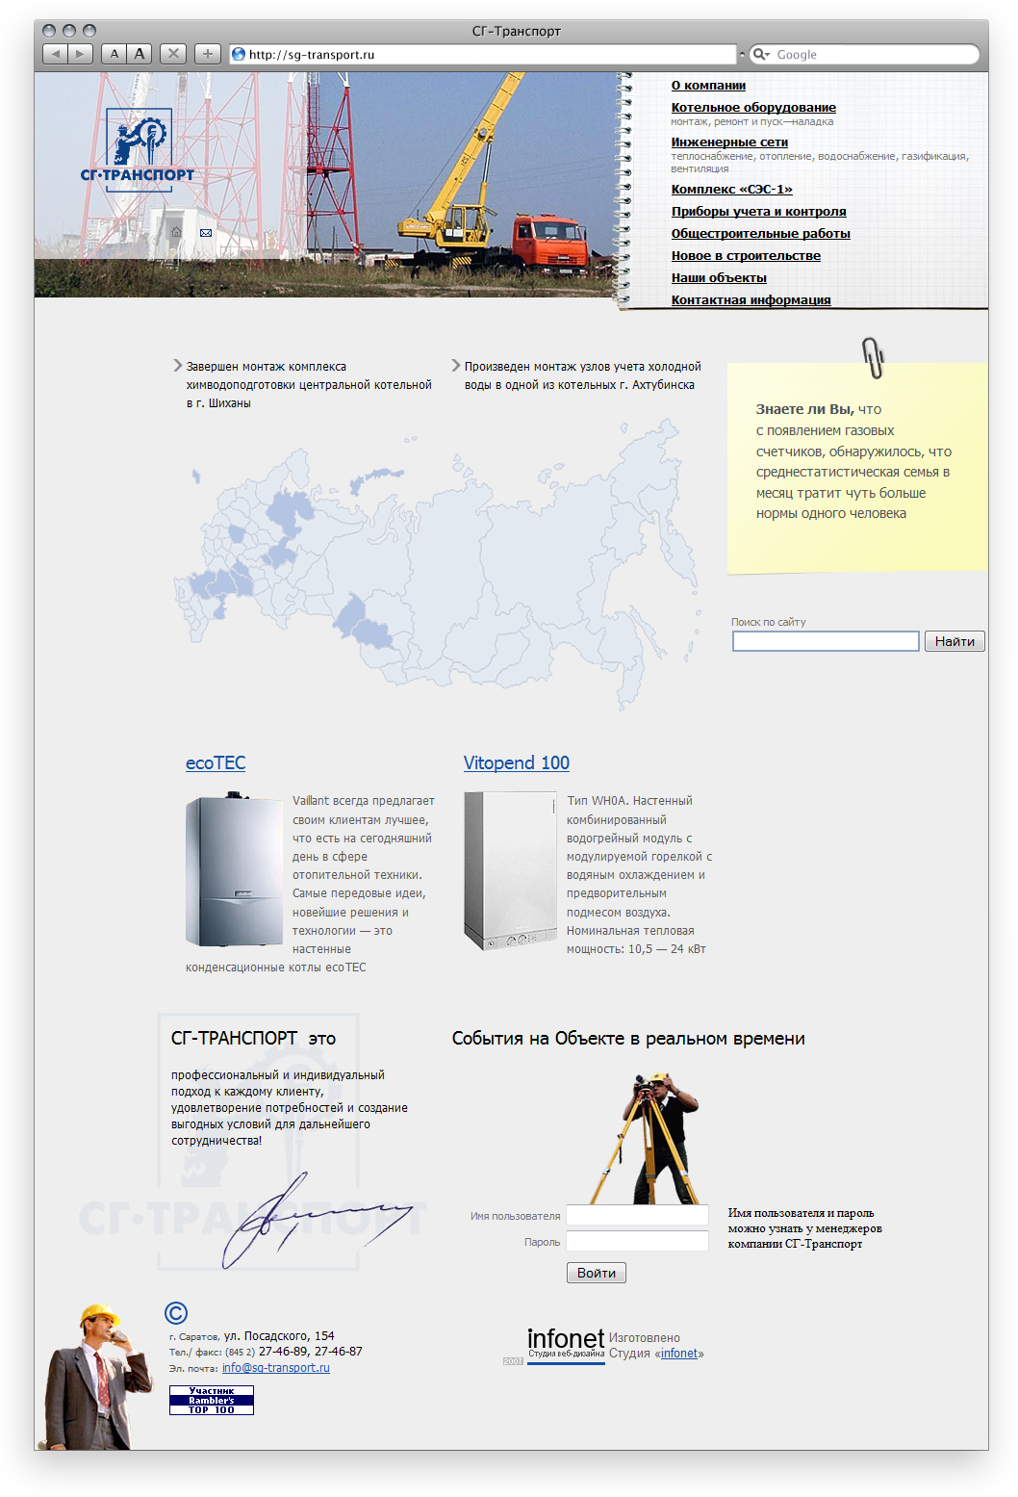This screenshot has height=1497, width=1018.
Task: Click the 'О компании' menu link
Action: [x=708, y=86]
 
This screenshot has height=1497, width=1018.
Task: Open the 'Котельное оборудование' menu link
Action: [x=753, y=108]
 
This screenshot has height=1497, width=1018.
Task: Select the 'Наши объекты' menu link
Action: [x=719, y=278]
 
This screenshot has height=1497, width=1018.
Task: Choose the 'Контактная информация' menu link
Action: [x=751, y=300]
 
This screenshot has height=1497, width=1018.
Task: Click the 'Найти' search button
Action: [x=954, y=641]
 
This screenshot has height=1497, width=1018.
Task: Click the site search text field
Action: [x=826, y=641]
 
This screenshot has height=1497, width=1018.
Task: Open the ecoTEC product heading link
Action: [x=216, y=763]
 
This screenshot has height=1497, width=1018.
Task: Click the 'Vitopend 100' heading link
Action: [x=517, y=763]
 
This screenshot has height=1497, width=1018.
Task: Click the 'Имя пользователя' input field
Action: [x=637, y=1215]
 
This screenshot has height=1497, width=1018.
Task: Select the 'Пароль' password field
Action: [x=637, y=1242]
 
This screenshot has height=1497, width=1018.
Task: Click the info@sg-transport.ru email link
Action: [x=276, y=1368]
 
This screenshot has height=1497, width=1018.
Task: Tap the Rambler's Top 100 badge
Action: [x=212, y=1400]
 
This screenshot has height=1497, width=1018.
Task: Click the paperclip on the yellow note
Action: [x=874, y=357]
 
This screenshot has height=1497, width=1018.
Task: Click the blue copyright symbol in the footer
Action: [x=176, y=1313]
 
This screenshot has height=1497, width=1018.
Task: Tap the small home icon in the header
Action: [x=176, y=232]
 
